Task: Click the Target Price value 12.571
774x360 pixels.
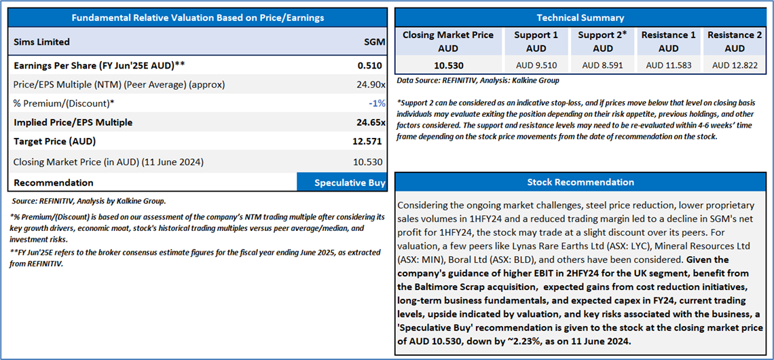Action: (x=366, y=142)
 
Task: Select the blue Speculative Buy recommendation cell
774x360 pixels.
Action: (x=342, y=183)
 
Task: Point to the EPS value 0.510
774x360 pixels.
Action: (x=370, y=65)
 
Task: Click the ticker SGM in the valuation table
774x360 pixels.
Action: (x=373, y=42)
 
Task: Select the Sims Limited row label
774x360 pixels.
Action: (x=41, y=42)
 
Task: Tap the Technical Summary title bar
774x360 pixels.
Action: (x=580, y=18)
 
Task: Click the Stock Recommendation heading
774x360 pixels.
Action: (x=580, y=182)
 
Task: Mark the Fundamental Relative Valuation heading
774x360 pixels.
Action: (x=198, y=18)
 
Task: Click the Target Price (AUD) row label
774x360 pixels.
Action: (x=55, y=141)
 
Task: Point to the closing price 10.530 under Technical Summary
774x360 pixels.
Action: (x=449, y=65)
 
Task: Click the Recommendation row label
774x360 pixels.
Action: (x=54, y=183)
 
